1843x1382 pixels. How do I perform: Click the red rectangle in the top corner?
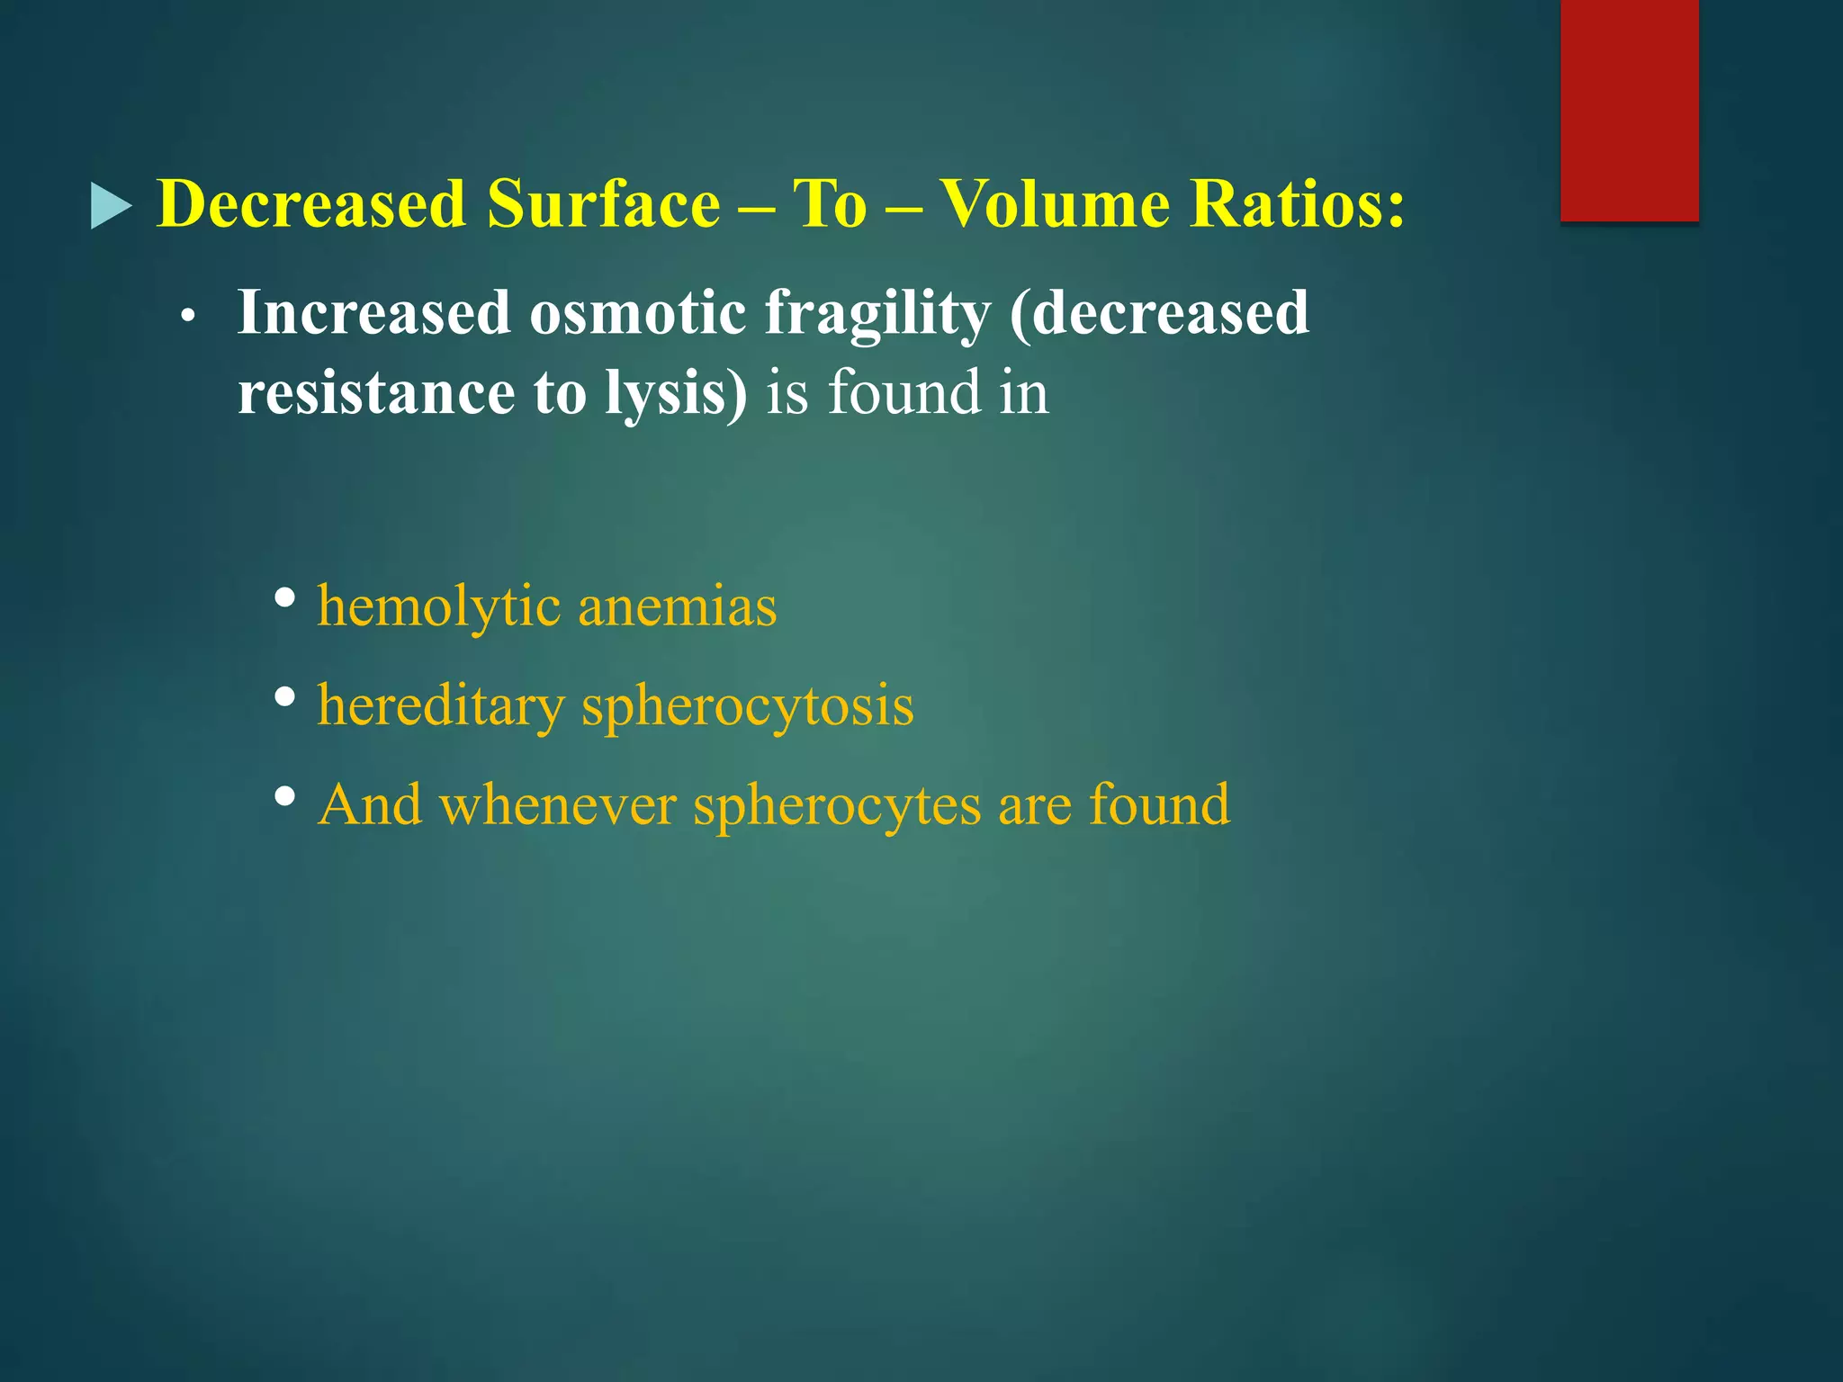(x=1629, y=110)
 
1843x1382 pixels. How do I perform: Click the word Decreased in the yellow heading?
(x=311, y=204)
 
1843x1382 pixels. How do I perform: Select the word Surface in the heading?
(x=603, y=204)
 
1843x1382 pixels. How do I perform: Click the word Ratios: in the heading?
(x=1297, y=204)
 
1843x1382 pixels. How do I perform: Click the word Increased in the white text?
(x=373, y=314)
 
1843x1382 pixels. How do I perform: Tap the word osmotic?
(x=637, y=314)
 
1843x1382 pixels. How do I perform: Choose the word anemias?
(x=677, y=606)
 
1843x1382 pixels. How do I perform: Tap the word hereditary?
(x=440, y=706)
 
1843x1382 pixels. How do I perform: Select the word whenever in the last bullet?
(x=558, y=804)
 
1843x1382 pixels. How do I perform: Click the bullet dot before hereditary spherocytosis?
(x=285, y=696)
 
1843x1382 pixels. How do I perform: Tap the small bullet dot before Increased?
(x=187, y=318)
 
